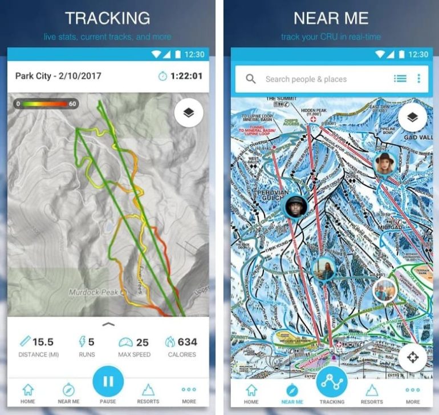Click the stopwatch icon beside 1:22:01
[162, 76]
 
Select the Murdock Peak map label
[93, 292]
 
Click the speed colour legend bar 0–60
[46, 104]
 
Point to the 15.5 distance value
[42, 342]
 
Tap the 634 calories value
[187, 342]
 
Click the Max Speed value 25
[142, 342]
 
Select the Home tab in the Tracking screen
[27, 394]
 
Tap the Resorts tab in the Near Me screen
[372, 394]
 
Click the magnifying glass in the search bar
[251, 79]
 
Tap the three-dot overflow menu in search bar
[418, 79]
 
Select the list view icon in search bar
[400, 79]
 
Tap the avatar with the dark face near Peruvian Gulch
[296, 206]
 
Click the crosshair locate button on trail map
[413, 358]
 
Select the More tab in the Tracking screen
[189, 394]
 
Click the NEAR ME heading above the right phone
[331, 18]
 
